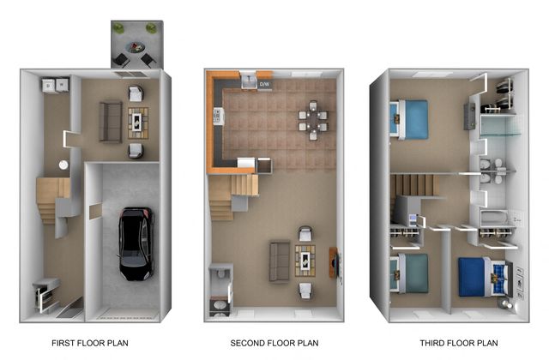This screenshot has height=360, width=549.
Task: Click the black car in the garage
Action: (x=136, y=243)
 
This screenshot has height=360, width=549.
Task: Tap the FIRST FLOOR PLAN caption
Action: (x=90, y=343)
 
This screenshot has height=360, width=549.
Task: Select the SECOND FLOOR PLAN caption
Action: (x=274, y=343)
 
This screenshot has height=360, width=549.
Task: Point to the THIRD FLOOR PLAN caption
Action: (x=459, y=343)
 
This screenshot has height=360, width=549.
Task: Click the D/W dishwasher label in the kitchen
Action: (x=263, y=84)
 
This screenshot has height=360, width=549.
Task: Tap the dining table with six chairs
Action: (x=313, y=120)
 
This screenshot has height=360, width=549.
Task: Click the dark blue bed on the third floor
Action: (x=482, y=277)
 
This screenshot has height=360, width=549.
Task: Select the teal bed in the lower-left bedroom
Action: (x=410, y=273)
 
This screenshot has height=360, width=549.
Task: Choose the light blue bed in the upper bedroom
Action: (x=409, y=120)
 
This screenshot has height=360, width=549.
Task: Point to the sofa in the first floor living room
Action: (x=111, y=122)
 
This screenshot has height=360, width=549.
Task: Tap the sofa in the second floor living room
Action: (x=280, y=261)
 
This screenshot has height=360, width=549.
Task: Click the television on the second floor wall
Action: (x=338, y=263)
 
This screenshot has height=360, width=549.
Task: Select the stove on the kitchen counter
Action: (x=218, y=116)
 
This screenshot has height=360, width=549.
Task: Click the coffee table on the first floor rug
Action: (x=138, y=123)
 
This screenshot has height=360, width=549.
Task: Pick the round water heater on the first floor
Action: (x=63, y=165)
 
